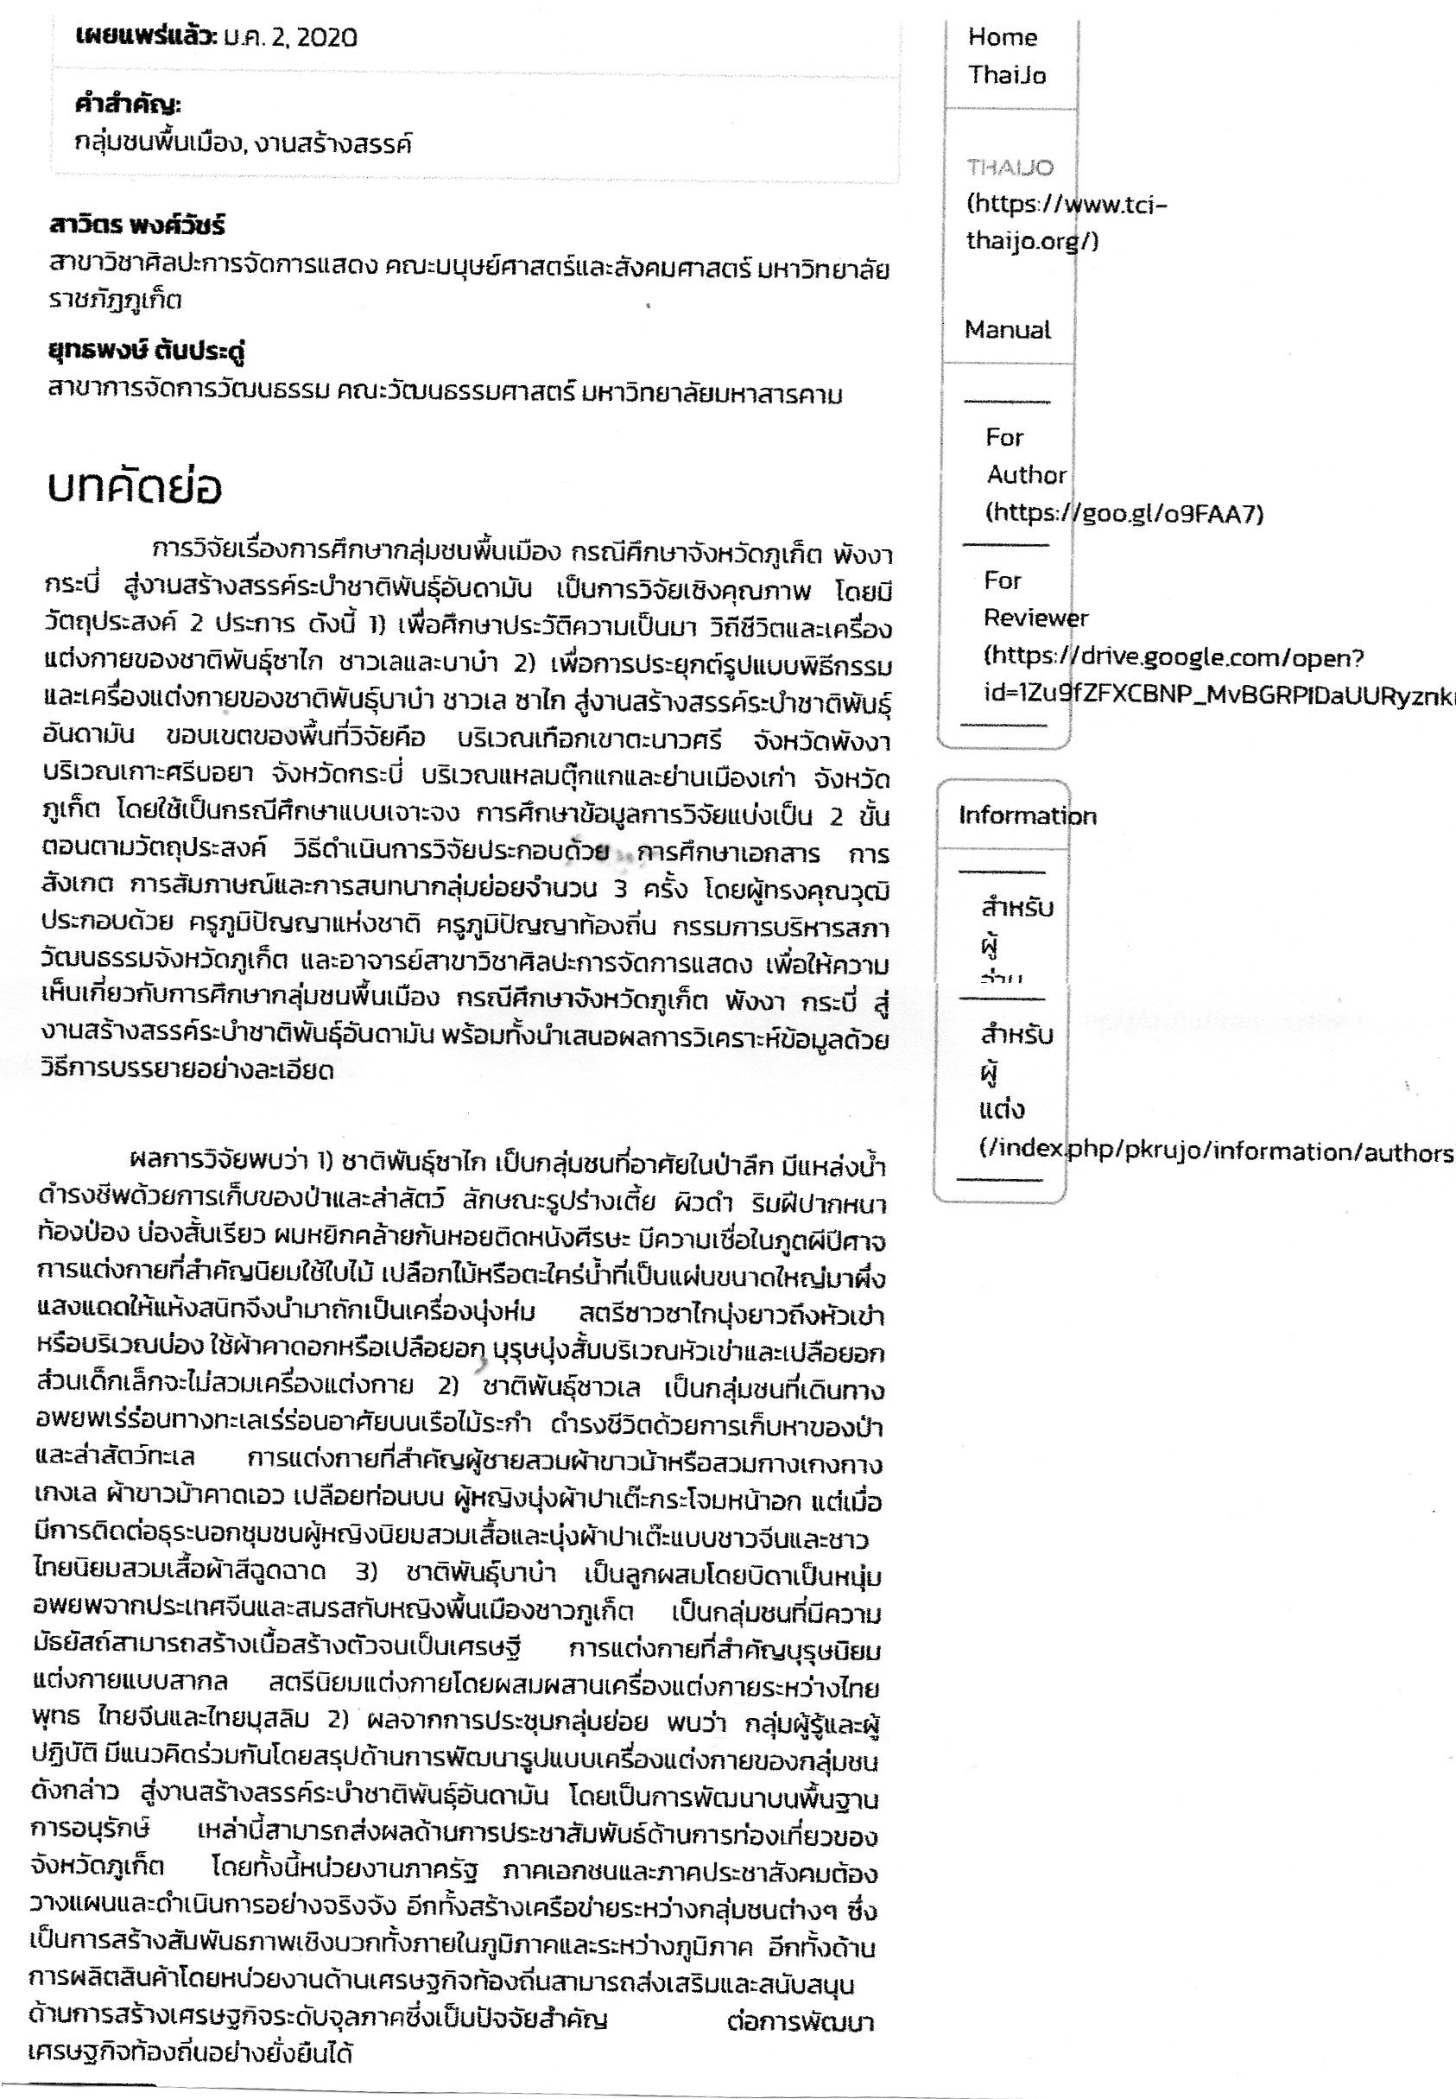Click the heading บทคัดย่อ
[x=134, y=489]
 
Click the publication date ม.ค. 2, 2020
[x=290, y=37]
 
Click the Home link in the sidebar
[x=1003, y=37]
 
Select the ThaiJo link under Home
[x=1007, y=75]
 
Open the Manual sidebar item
[x=1007, y=329]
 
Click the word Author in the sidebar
[x=1025, y=474]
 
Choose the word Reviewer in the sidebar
[x=1035, y=618]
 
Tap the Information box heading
[x=1026, y=815]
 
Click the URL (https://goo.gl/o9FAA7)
[x=1124, y=514]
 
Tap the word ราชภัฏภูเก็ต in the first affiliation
[x=115, y=299]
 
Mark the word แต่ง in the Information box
[x=1002, y=1110]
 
